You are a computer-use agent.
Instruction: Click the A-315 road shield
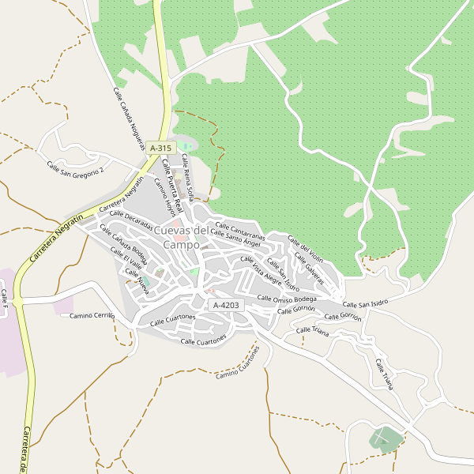[160, 148]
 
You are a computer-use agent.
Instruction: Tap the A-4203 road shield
[225, 304]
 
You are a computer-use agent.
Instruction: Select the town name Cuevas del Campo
[181, 237]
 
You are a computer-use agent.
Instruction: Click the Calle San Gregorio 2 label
[75, 169]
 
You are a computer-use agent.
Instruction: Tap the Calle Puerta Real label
[172, 186]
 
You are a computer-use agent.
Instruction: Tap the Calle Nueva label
[137, 277]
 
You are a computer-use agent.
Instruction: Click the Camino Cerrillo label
[92, 315]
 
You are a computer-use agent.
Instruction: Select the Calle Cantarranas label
[239, 228]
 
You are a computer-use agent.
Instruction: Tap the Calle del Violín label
[305, 248]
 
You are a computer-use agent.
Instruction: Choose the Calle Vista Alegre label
[261, 270]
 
